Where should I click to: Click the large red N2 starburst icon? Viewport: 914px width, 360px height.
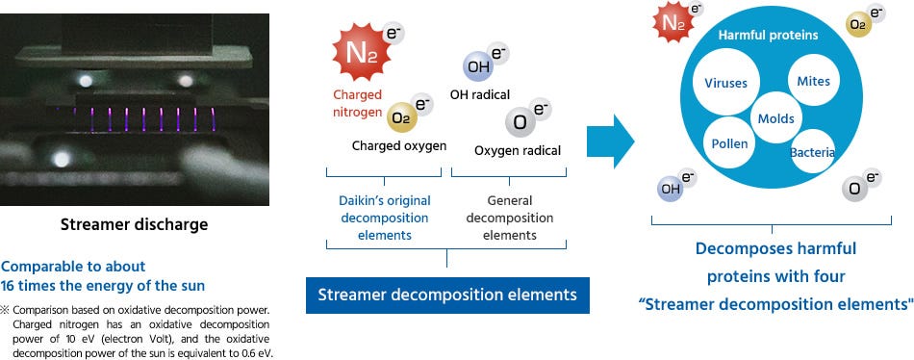(x=357, y=54)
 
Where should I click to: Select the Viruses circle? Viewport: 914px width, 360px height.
(x=725, y=83)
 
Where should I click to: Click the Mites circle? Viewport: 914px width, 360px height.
(x=813, y=82)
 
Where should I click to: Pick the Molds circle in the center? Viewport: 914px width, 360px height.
(x=775, y=118)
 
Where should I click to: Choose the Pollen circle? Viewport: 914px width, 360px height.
(x=729, y=143)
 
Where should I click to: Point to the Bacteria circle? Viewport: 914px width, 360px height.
(x=813, y=153)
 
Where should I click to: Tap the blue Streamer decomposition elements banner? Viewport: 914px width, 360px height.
(x=446, y=295)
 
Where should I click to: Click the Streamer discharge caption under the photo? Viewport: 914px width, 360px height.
(x=134, y=224)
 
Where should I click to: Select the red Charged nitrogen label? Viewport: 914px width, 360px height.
(x=357, y=102)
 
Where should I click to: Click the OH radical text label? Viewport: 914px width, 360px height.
(x=479, y=95)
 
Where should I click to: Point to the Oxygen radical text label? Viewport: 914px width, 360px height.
(x=517, y=151)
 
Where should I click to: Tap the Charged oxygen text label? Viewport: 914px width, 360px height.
(x=398, y=146)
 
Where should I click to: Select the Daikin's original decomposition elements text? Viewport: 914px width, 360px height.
(x=384, y=218)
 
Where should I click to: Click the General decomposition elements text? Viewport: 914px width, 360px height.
(x=509, y=218)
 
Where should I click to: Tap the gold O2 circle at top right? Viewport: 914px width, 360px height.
(x=859, y=25)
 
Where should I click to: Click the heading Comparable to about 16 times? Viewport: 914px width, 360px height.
(x=74, y=274)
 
